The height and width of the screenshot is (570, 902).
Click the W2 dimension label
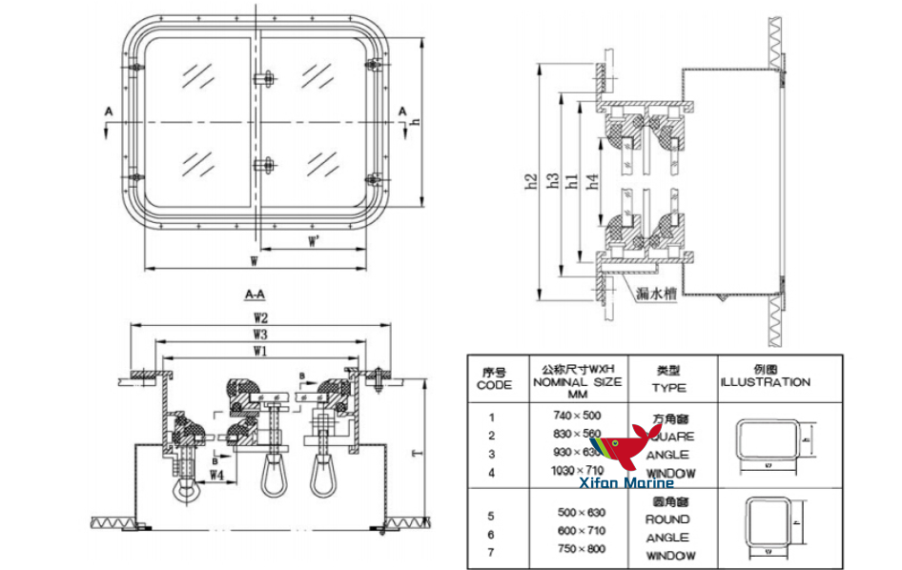259,318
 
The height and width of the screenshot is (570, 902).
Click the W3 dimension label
259,335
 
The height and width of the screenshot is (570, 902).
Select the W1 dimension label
259,352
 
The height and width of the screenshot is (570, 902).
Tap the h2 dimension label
532,181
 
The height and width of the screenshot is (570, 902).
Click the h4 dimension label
593,181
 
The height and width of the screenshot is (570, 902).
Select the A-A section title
256,295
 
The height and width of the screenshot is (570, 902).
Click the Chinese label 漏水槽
657,295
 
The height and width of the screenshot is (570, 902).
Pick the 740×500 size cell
578,416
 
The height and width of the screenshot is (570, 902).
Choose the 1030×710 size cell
578,471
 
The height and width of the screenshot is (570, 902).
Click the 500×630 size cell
578,512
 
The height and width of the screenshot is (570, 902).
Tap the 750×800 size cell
578,549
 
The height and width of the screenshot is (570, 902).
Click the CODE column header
494,378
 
